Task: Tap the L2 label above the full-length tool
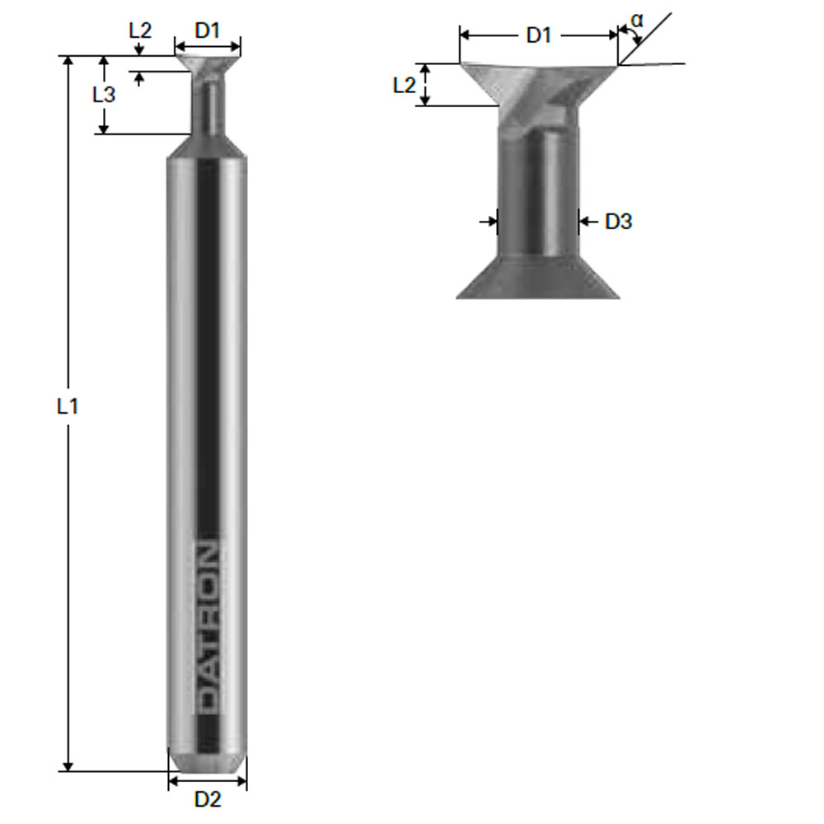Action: (x=140, y=31)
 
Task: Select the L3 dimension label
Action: (x=104, y=94)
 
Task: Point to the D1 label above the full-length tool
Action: (x=208, y=31)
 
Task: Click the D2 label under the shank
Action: (x=208, y=798)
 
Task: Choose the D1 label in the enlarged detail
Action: (x=539, y=35)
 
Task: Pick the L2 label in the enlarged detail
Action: (x=404, y=84)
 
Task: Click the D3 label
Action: (x=618, y=221)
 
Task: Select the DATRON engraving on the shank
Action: (x=208, y=626)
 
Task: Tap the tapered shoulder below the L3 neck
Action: (x=208, y=147)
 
